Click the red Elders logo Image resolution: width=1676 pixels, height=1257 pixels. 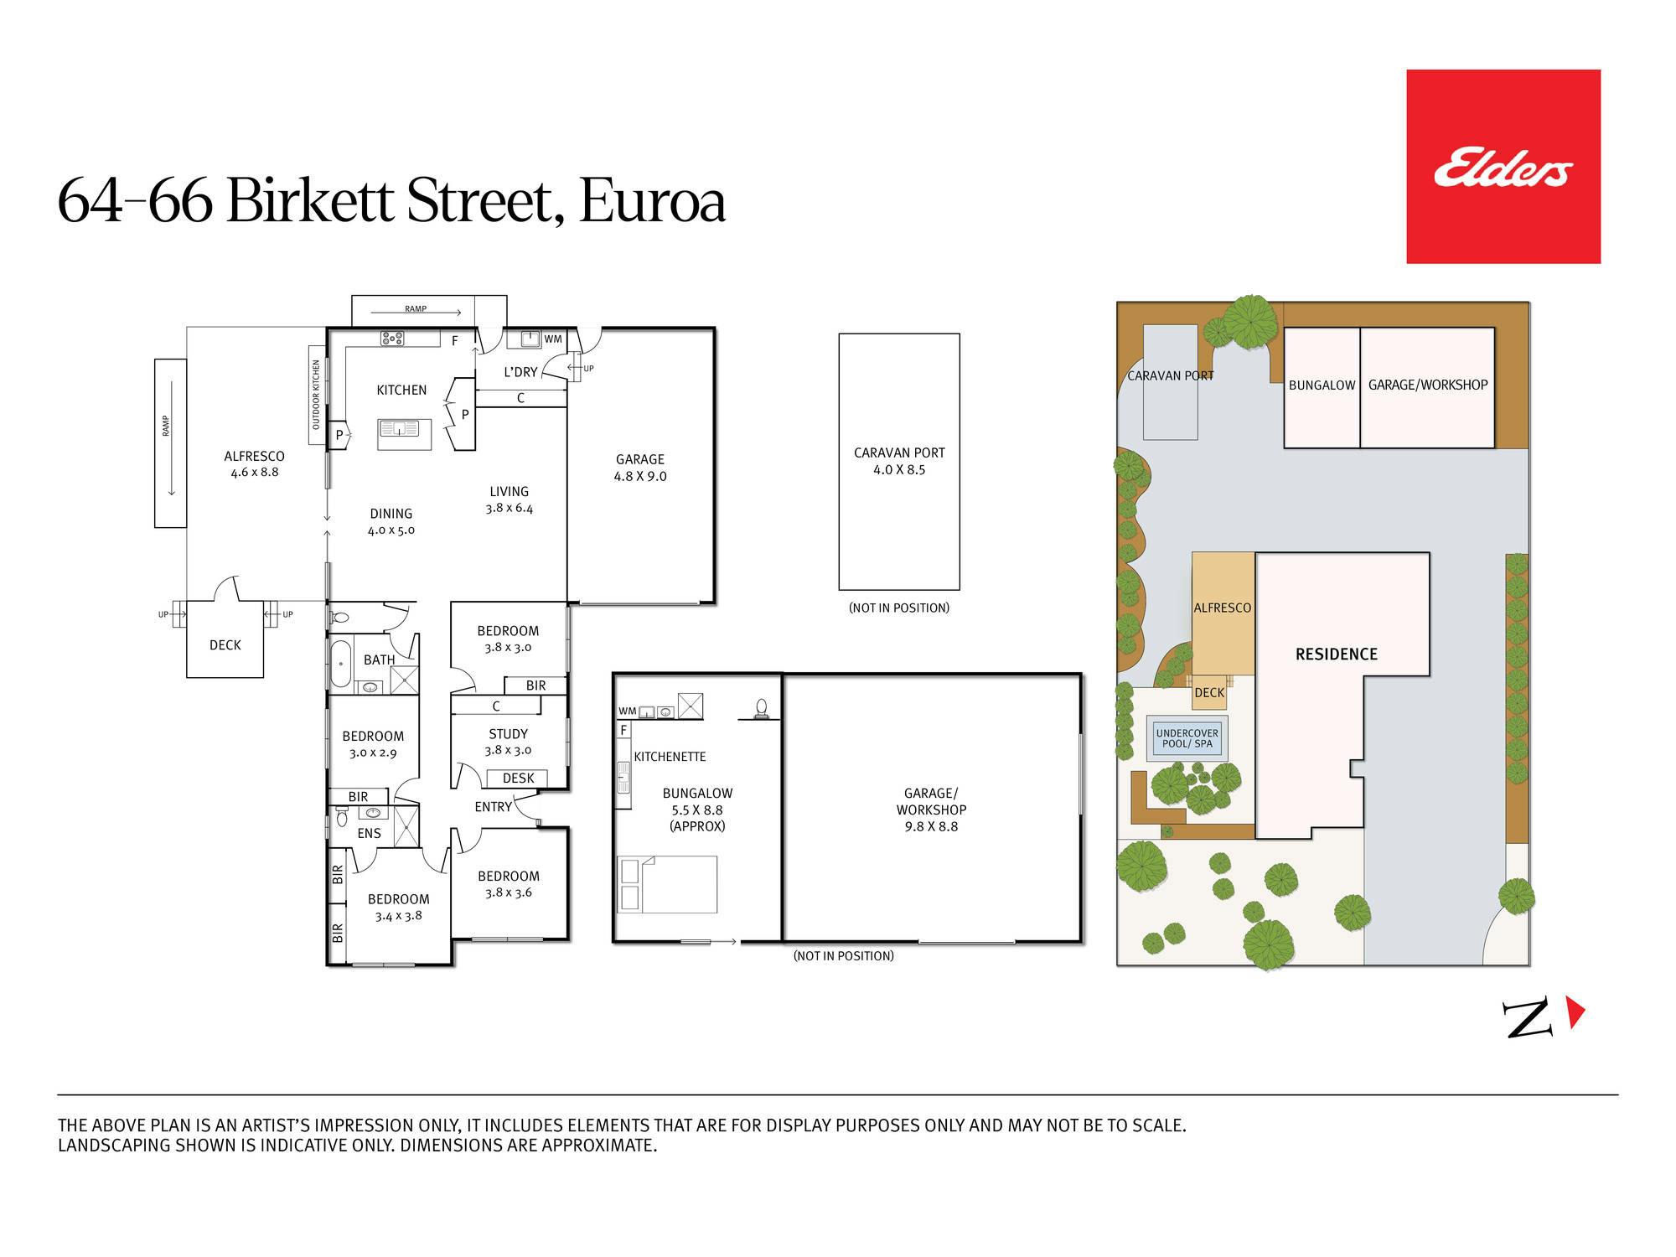[x=1503, y=167]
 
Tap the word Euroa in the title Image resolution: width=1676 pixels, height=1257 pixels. [x=652, y=202]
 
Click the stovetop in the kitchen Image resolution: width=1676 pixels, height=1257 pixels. [x=392, y=339]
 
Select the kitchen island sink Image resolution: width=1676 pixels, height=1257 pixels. [x=401, y=429]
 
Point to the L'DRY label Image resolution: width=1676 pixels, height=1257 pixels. [x=520, y=372]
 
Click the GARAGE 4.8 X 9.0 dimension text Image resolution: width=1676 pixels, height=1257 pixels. [x=640, y=477]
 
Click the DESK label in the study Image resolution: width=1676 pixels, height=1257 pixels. [x=518, y=779]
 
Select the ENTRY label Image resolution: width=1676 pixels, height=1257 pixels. [x=493, y=807]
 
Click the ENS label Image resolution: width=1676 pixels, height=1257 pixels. [x=369, y=834]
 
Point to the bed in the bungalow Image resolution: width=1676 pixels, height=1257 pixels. [x=667, y=884]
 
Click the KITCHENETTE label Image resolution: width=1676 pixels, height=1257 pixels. [x=670, y=757]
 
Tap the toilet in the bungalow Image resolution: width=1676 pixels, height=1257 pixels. [x=761, y=709]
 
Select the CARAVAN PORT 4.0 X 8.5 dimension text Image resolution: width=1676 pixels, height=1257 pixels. [x=899, y=470]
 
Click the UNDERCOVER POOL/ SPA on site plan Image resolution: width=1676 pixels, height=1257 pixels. [x=1187, y=738]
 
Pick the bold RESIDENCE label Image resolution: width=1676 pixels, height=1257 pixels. [x=1337, y=654]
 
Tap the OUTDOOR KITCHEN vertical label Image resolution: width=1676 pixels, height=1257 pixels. [x=317, y=395]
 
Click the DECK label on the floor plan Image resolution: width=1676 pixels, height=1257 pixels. [x=225, y=645]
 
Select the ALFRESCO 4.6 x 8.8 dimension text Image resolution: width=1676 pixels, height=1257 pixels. [x=255, y=473]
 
